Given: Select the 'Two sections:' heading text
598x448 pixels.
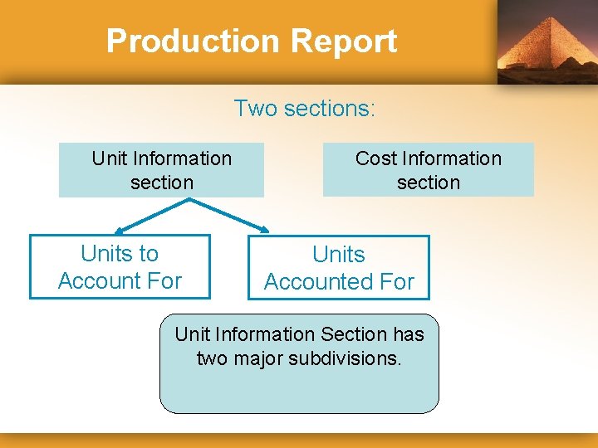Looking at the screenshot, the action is coord(305,108).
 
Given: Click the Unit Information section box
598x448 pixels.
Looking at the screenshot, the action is coord(161,170).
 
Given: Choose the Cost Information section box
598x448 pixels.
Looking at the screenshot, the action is coord(428,170).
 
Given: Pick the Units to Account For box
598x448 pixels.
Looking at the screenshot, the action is coord(120,266).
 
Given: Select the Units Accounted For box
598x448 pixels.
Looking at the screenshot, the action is coord(339,267).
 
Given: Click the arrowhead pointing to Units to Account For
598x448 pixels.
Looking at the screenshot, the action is coord(120,231).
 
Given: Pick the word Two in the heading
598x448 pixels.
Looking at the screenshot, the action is coord(252,108).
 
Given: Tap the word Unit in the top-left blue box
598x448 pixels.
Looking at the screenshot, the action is coord(109,158).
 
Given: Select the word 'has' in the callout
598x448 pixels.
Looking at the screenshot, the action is coord(409,334).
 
